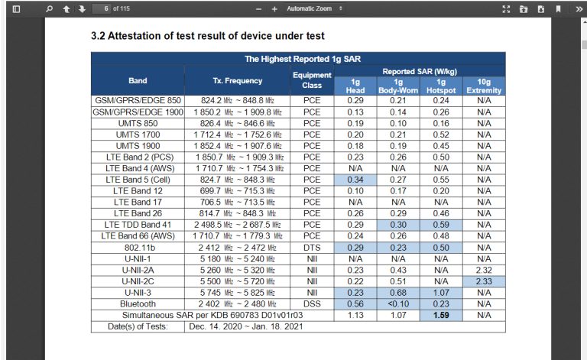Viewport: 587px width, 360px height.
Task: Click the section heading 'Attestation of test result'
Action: tap(207, 36)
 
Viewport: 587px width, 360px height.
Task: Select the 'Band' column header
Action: tap(138, 80)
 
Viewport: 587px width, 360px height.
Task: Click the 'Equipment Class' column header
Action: tap(312, 80)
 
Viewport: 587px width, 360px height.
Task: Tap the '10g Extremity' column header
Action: tap(483, 86)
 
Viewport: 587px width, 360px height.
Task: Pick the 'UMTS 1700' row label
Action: tap(138, 134)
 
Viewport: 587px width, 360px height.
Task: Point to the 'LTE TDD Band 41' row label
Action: tap(138, 225)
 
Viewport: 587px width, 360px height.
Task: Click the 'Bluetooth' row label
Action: tap(138, 304)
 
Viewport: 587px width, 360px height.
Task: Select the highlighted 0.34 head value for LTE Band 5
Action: tap(355, 180)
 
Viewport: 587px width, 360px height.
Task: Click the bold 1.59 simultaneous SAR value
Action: tap(440, 315)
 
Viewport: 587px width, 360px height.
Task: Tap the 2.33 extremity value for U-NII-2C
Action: tap(483, 281)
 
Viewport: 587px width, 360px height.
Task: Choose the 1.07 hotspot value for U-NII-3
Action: tap(440, 293)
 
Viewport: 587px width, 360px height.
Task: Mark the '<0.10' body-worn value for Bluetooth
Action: tap(397, 304)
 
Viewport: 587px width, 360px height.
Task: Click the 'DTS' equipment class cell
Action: tap(312, 248)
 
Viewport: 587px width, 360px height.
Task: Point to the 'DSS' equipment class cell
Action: tap(312, 304)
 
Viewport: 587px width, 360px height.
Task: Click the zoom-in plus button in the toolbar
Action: tap(274, 9)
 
